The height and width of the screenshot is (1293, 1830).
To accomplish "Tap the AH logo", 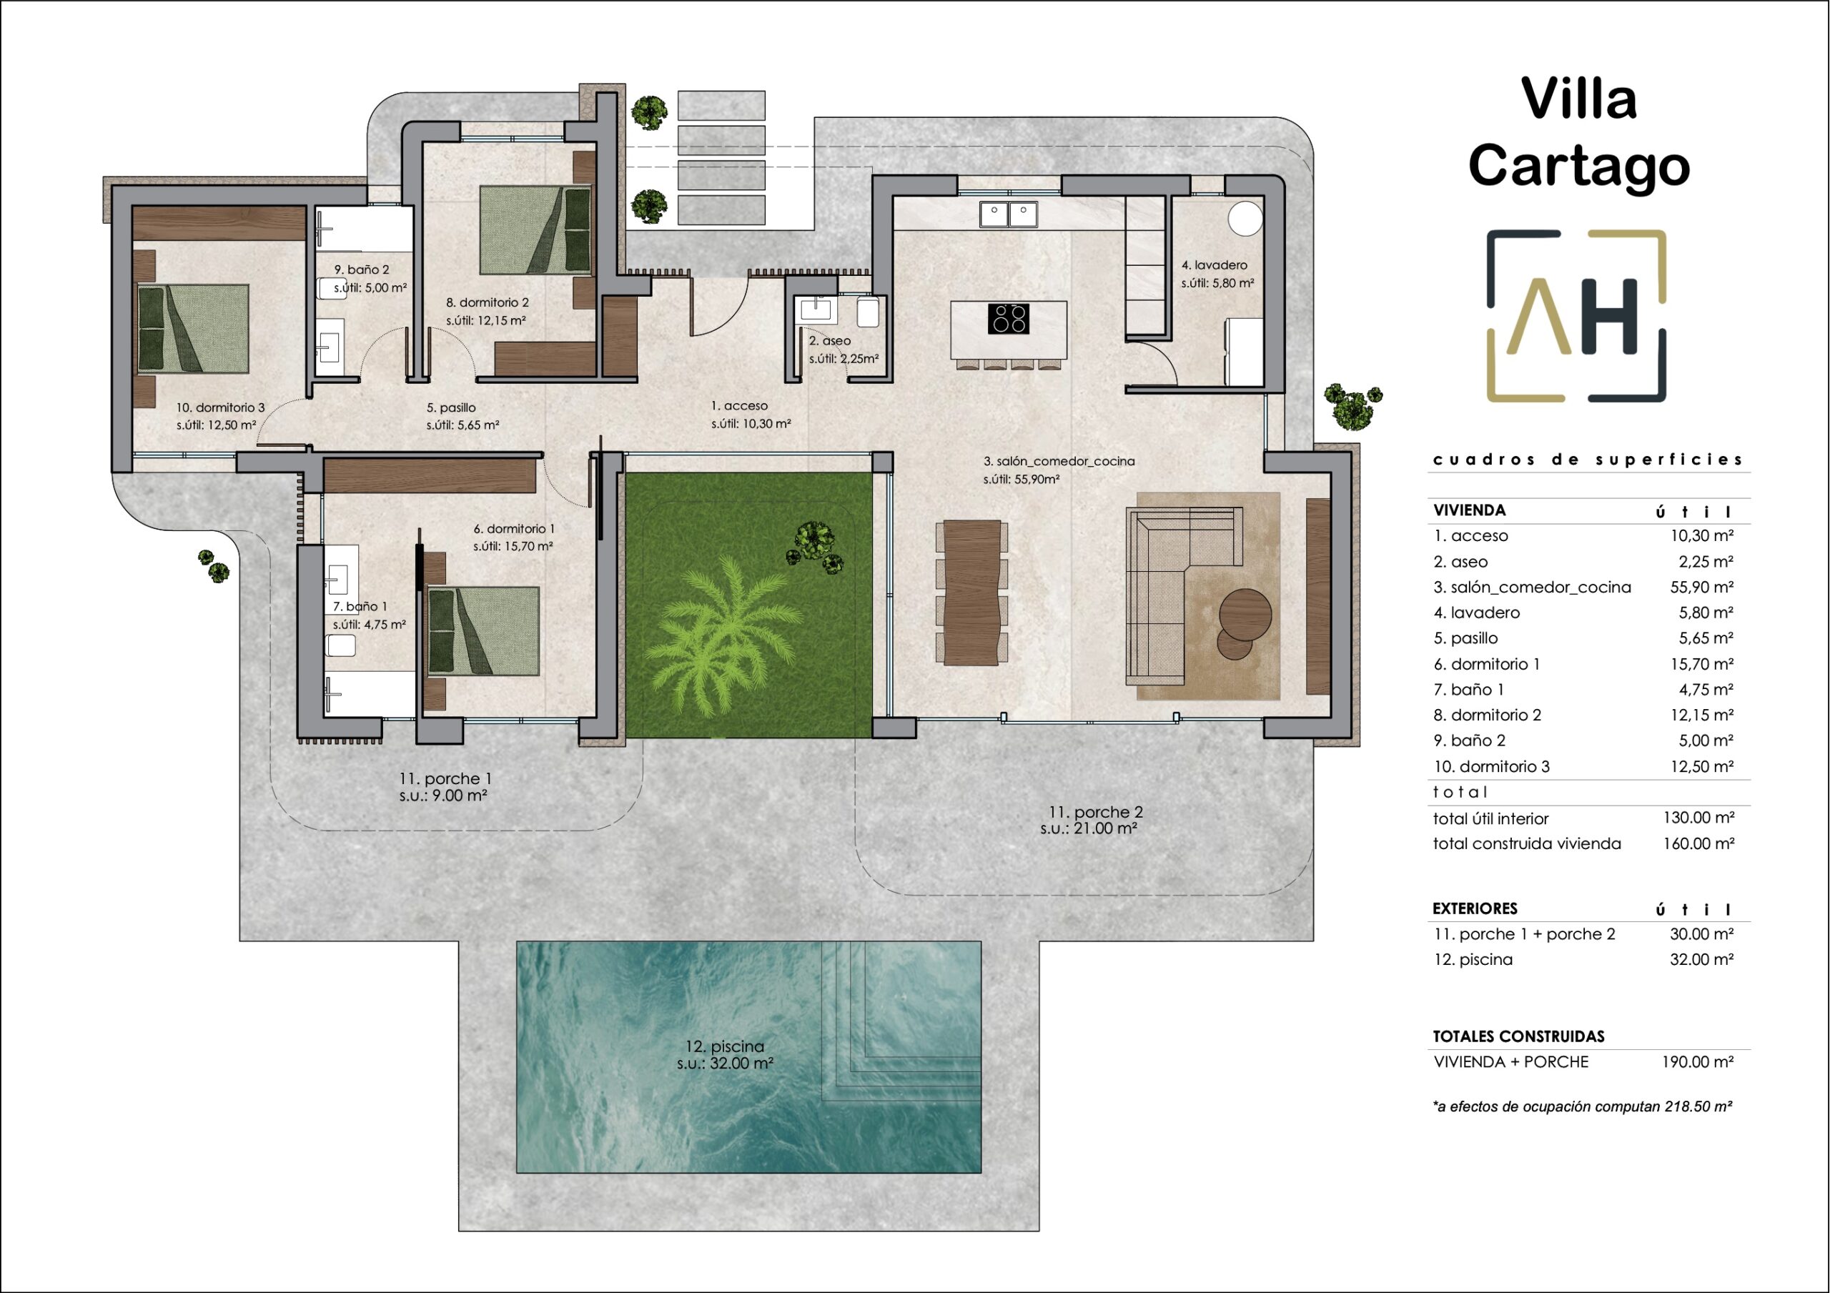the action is point(1576,317).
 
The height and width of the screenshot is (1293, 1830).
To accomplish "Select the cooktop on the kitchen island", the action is point(1008,319).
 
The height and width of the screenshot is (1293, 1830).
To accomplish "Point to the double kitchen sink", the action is point(1008,214).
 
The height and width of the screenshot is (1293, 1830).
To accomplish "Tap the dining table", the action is point(971,592).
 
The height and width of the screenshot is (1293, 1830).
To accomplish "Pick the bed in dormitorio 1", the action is point(483,631).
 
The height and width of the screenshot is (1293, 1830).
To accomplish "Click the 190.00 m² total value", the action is point(1698,1062).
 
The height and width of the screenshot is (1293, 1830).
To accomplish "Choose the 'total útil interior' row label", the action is point(1490,818).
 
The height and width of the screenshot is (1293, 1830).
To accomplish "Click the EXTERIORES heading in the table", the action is point(1475,908).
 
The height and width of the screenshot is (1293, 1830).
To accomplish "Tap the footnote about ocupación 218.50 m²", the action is point(1582,1106).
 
